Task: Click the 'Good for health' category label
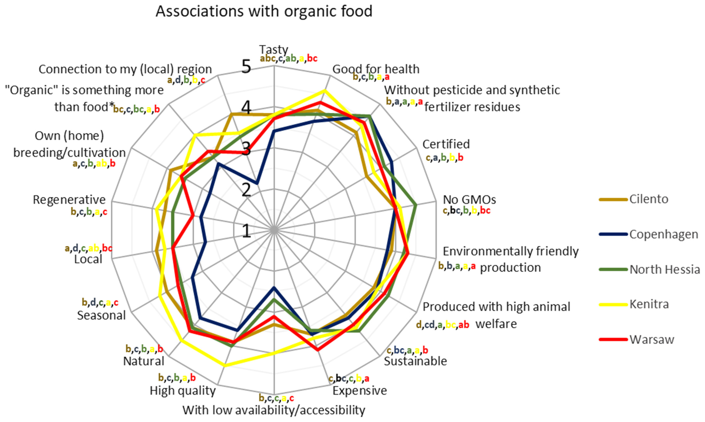click(x=376, y=69)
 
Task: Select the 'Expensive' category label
click(x=360, y=391)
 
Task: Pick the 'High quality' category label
click(x=183, y=391)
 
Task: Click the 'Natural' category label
click(x=144, y=361)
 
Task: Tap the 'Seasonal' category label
click(x=101, y=315)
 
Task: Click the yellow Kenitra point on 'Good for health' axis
click(x=324, y=90)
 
